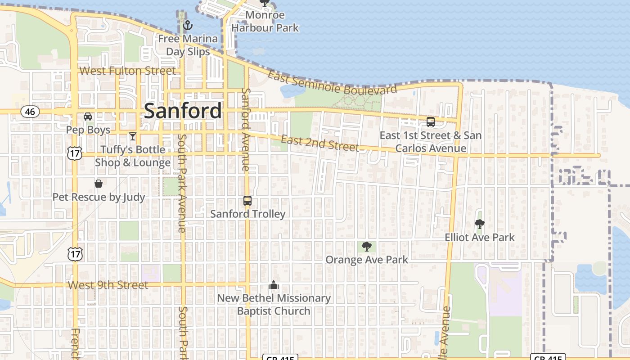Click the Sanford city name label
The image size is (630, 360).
coord(183,111)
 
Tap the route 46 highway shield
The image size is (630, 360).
coord(30,112)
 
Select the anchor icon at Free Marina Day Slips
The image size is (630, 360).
coord(187,25)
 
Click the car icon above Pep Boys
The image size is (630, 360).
coord(88,117)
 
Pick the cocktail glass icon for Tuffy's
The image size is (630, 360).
coord(132,136)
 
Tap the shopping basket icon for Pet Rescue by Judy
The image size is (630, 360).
coord(99,184)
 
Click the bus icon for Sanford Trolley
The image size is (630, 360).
coord(247,201)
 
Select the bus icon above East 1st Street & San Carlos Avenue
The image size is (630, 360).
coord(431,122)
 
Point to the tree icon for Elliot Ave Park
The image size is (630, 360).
coord(480,224)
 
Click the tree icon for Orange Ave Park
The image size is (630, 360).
coord(367,246)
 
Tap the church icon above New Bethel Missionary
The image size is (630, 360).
coord(274,285)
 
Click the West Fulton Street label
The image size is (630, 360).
coord(128,71)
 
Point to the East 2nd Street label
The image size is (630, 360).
coord(320,143)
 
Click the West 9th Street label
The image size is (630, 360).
coord(108,285)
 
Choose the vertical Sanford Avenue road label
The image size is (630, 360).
coord(246,129)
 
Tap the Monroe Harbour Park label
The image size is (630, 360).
coord(265,21)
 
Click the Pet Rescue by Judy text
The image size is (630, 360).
coord(99,197)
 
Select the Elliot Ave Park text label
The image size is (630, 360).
coord(480,237)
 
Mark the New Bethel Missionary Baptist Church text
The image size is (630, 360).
coord(274,304)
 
